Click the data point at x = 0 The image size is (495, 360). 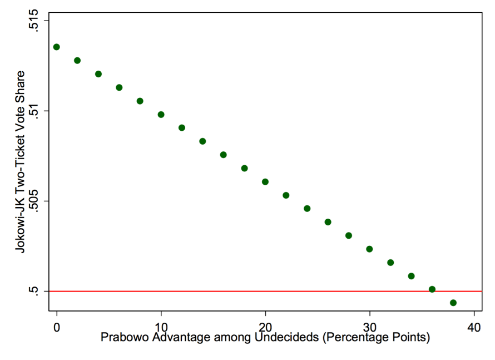point(57,47)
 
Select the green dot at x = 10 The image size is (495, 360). point(161,115)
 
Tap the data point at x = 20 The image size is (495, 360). point(265,182)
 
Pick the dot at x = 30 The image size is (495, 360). point(369,249)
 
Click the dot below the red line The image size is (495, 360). point(453,303)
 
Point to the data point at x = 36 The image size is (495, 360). point(432,289)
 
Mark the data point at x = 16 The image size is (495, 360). point(224,155)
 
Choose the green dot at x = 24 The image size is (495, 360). point(307,209)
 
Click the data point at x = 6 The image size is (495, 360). point(119,87)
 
